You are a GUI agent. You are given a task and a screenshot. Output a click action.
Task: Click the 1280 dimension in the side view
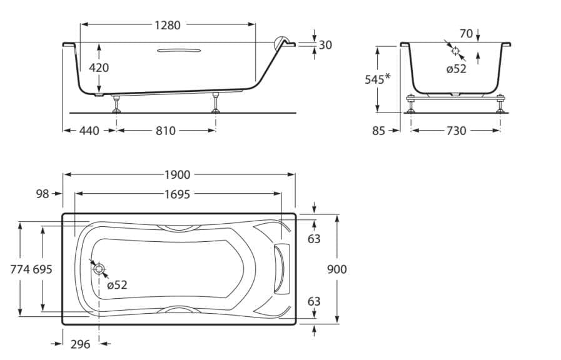[167, 26]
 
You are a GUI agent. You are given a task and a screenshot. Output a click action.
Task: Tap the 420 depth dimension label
[99, 67]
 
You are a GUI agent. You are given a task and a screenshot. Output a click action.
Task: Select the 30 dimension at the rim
[325, 45]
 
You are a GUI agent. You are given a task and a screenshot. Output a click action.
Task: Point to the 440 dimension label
[89, 131]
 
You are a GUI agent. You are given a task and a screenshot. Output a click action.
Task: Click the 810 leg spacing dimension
[166, 131]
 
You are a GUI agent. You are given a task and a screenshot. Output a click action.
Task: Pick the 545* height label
[377, 79]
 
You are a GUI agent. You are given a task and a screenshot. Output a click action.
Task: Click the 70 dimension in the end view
[465, 34]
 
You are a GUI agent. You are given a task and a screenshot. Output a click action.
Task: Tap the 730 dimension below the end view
[456, 131]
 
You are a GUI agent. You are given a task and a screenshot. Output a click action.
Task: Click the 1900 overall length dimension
[178, 175]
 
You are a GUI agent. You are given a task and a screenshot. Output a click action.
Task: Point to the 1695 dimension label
[178, 194]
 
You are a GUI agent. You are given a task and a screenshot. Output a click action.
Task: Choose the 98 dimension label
[43, 194]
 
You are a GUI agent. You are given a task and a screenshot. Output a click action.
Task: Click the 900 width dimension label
[336, 269]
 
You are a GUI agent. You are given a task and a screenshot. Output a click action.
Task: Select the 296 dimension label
[81, 344]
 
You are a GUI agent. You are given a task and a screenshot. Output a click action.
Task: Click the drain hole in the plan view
[99, 269]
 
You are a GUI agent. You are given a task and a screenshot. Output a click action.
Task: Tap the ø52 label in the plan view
[116, 285]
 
